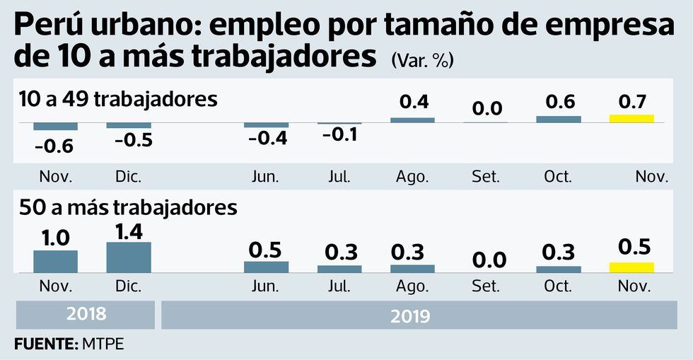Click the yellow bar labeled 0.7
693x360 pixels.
(631, 118)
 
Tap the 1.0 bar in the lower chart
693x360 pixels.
(55, 261)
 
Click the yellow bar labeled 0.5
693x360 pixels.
(631, 267)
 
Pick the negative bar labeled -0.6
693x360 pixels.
(55, 127)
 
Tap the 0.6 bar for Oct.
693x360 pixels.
(558, 119)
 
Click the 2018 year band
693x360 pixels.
(85, 315)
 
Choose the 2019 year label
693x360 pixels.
(410, 315)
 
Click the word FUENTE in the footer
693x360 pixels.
(41, 344)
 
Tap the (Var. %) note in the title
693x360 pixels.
(422, 62)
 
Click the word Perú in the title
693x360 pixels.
(47, 26)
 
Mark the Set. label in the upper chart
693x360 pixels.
(486, 177)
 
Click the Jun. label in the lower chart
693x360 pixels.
(265, 286)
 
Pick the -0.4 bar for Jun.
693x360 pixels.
(267, 125)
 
